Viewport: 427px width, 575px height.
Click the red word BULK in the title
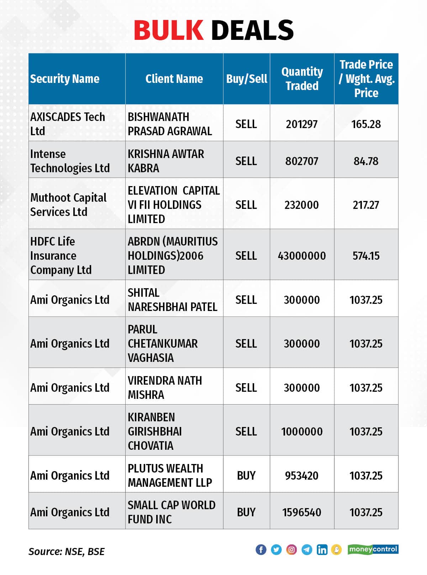tap(168, 30)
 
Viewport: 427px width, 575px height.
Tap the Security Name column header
tap(65, 79)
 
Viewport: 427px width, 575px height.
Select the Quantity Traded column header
tap(302, 79)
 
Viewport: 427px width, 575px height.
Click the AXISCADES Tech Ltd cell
tap(68, 124)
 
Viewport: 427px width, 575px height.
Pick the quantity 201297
tap(302, 124)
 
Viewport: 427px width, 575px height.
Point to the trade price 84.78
tap(366, 161)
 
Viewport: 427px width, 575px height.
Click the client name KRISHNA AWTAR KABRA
tap(166, 161)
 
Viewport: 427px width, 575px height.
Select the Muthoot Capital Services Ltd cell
tap(68, 205)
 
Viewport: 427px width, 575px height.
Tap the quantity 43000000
tap(302, 256)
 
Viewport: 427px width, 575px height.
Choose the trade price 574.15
tap(366, 256)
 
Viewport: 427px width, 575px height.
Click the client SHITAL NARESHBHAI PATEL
tap(172, 300)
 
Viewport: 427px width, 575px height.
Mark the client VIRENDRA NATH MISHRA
tap(165, 387)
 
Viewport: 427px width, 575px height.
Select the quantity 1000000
tap(302, 432)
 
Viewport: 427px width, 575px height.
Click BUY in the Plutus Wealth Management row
tap(246, 476)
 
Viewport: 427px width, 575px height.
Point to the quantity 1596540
tap(302, 512)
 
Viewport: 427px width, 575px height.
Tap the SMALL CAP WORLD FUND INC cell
tap(172, 512)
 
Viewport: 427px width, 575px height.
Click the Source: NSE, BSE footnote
tap(67, 552)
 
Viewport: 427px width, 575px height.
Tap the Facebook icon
tap(261, 550)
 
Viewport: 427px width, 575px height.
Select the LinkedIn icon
tap(322, 550)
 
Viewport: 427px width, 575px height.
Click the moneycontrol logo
tap(373, 549)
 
